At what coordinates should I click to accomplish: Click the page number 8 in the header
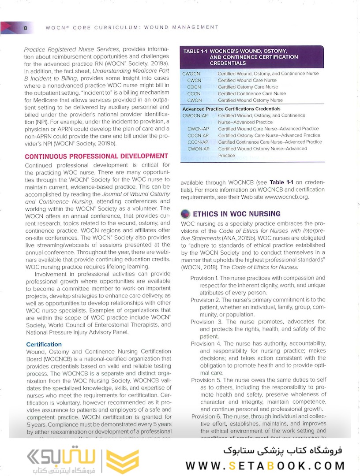pyautogui.click(x=26, y=28)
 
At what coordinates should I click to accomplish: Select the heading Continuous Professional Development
pyautogui.click(x=97, y=156)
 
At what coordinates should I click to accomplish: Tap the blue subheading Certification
pyautogui.click(x=44, y=344)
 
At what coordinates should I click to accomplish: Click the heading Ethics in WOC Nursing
pyautogui.click(x=236, y=214)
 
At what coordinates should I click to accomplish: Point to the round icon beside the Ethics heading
pyautogui.click(x=185, y=214)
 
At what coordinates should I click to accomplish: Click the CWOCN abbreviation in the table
pyautogui.click(x=191, y=74)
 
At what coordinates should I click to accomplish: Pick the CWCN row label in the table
pyautogui.click(x=194, y=80)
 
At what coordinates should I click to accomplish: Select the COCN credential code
pyautogui.click(x=194, y=87)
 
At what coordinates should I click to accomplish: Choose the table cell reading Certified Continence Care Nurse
pyautogui.click(x=251, y=93)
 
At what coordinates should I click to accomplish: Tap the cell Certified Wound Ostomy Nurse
pyautogui.click(x=250, y=100)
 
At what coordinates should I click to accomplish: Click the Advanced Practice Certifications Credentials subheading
pyautogui.click(x=231, y=108)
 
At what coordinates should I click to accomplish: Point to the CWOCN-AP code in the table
pyautogui.click(x=195, y=115)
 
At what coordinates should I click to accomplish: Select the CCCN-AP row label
pyautogui.click(x=198, y=142)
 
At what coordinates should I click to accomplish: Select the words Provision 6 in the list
pyautogui.click(x=206, y=416)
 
